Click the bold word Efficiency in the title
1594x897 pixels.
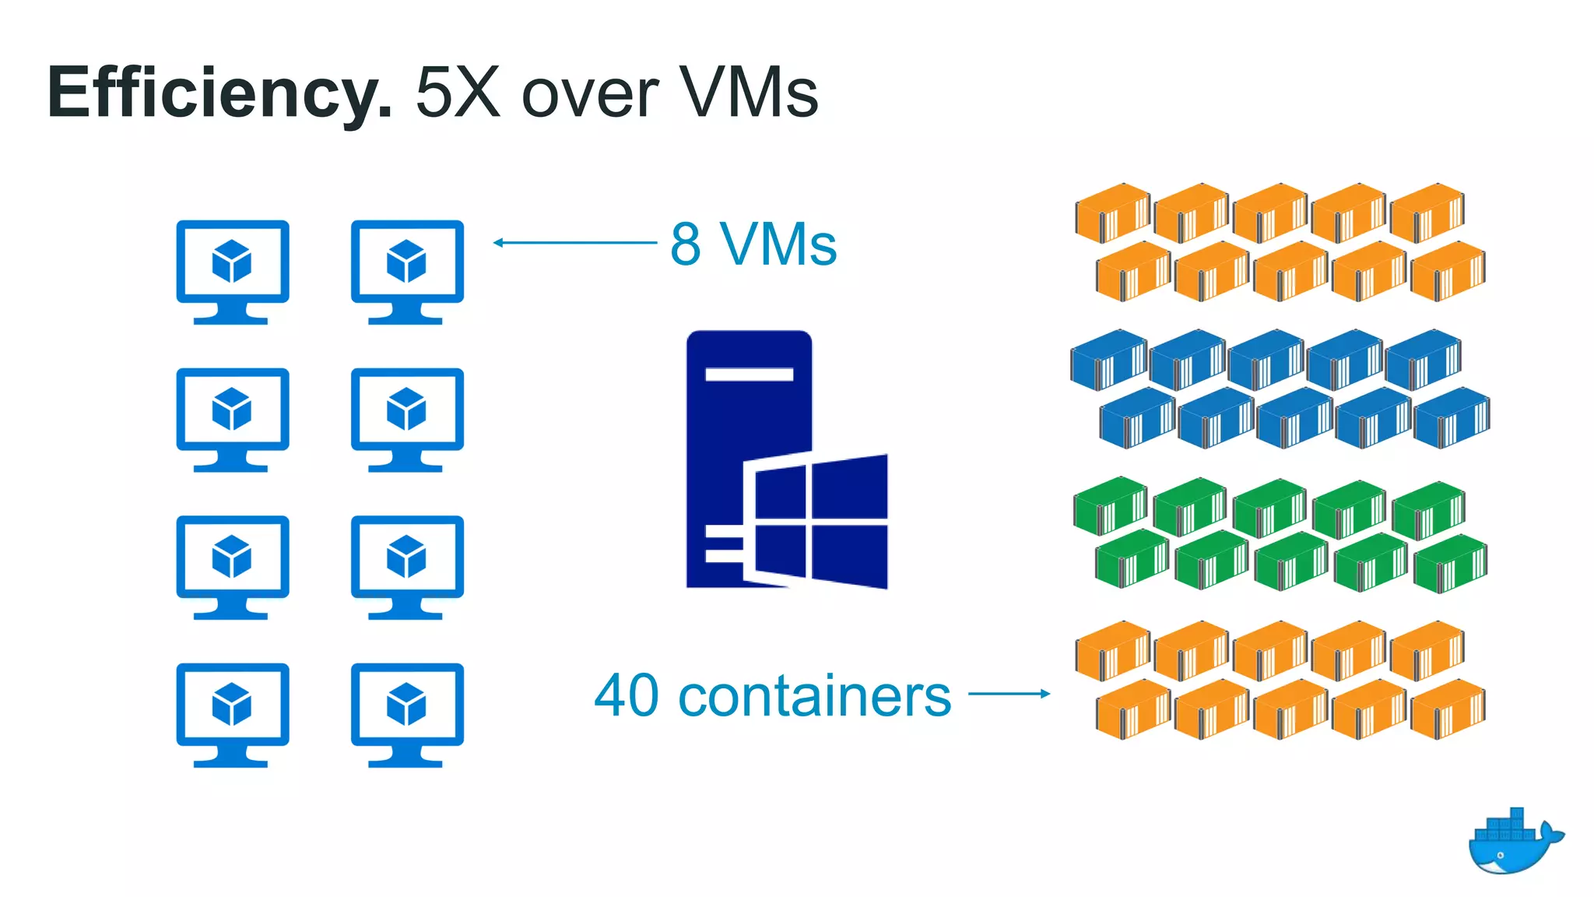coord(218,93)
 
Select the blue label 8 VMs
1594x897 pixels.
coord(753,244)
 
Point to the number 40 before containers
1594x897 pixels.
coord(627,695)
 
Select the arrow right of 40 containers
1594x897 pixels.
coord(1009,693)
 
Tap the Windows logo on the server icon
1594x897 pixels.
coord(816,520)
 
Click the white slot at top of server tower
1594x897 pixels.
coord(749,375)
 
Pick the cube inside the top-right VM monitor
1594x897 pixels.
coord(406,261)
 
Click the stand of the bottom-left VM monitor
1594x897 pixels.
coord(231,757)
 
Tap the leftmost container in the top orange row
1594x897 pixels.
coord(1112,213)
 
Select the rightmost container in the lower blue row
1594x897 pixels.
coord(1451,420)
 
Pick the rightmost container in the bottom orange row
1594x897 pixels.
coord(1448,709)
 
